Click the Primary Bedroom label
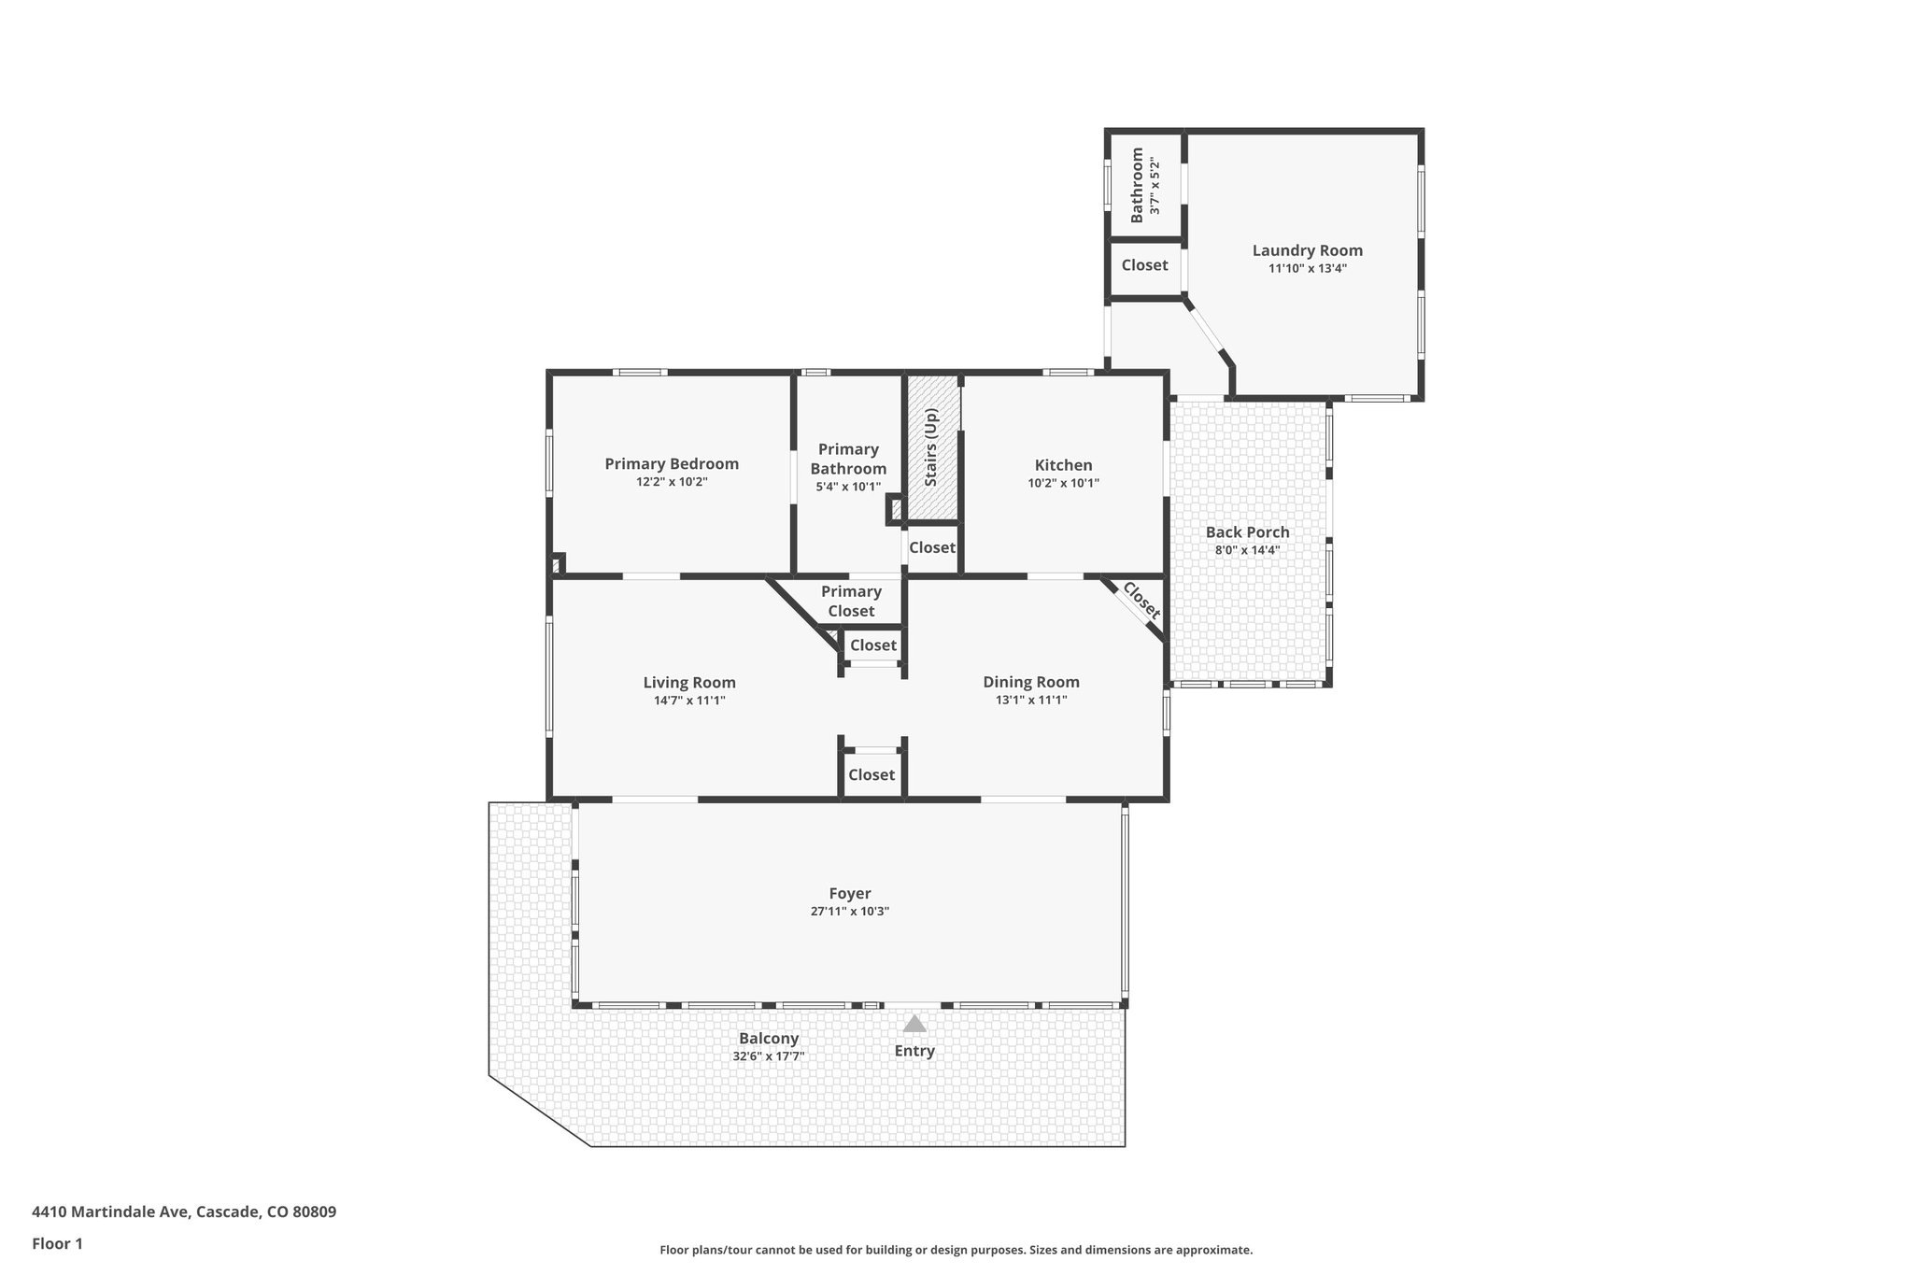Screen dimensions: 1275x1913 point(671,464)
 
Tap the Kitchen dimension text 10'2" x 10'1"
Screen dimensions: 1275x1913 point(1063,484)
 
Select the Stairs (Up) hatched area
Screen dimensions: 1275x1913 point(933,448)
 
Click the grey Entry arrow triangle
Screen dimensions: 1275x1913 point(914,1024)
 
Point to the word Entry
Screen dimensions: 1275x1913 point(914,1051)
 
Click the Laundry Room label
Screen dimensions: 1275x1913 point(1307,250)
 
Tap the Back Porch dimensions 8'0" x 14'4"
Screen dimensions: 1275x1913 point(1247,550)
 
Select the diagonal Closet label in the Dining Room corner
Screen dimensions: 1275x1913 point(1141,602)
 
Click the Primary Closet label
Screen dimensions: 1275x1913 point(851,601)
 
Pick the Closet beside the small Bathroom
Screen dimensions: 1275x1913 point(1144,265)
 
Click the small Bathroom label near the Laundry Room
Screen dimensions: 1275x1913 point(1137,185)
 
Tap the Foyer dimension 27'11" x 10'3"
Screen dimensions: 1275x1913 point(849,912)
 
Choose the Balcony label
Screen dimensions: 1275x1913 point(769,1039)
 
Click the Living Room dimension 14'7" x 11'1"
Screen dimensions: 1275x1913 point(689,701)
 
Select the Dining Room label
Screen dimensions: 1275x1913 point(1030,682)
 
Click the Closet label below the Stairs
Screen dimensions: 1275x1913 point(931,547)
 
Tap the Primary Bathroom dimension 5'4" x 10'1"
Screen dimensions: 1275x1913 point(848,487)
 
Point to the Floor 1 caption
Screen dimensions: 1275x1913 point(57,1243)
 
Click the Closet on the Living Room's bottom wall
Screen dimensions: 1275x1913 point(871,774)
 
